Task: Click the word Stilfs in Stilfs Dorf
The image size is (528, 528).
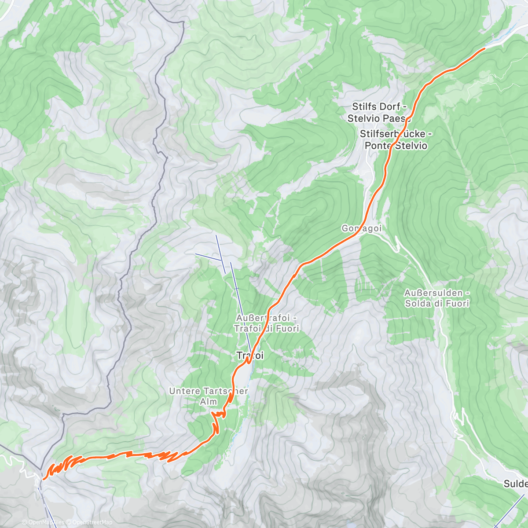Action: (x=364, y=106)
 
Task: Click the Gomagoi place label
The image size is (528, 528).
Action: (x=361, y=228)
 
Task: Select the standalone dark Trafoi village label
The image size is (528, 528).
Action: (x=250, y=355)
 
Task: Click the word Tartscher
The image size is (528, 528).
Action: (x=225, y=391)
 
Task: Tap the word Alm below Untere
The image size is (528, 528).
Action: (x=209, y=401)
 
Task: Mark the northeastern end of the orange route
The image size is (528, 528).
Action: (x=485, y=48)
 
